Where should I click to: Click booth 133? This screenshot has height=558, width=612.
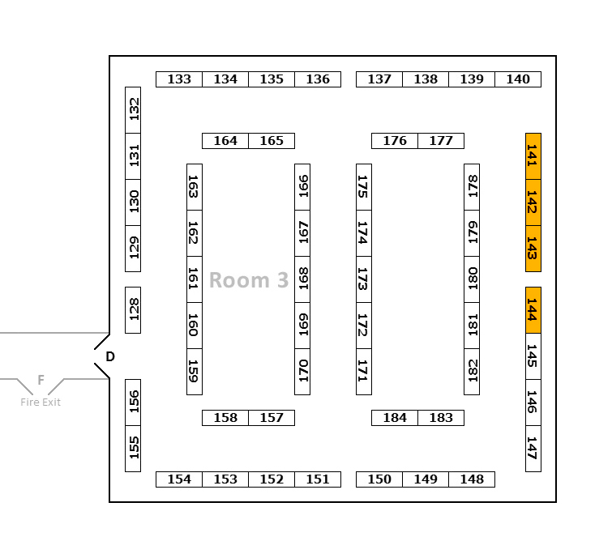coord(179,79)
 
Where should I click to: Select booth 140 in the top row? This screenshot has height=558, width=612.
coord(518,79)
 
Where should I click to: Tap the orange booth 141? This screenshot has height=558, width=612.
coord(533,156)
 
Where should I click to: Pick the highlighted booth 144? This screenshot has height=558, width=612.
coord(533,310)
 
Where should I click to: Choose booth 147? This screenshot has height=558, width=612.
coord(533,448)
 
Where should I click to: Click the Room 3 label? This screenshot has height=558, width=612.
coord(249,280)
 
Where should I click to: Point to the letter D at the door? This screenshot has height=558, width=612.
coord(110,356)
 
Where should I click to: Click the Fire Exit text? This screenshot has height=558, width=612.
coord(41,403)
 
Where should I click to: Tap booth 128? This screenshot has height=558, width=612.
coord(133,309)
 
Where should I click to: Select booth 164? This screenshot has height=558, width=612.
coord(225,141)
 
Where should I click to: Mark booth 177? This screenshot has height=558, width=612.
coord(441,141)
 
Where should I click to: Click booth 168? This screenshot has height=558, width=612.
coord(302,279)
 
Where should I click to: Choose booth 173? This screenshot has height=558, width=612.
coord(364,279)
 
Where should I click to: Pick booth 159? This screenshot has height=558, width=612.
coord(195,372)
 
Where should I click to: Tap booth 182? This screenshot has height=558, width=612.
coord(472,372)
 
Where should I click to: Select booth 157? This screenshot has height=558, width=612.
coord(272,418)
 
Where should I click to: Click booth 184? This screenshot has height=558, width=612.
coord(395,418)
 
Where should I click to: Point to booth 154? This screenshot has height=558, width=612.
coord(179,479)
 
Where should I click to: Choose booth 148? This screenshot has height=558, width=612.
coord(472,479)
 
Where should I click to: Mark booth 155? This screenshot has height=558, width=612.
coord(133,449)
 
